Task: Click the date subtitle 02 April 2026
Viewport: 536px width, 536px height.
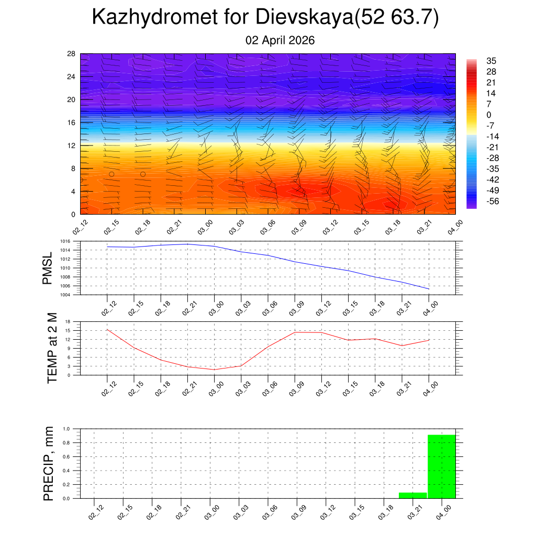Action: [280, 40]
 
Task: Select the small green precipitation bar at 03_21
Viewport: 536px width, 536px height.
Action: [412, 495]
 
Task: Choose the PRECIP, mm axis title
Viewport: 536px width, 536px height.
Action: [49, 463]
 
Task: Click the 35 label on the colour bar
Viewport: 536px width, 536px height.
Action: [491, 61]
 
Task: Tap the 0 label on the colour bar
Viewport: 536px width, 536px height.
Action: [489, 115]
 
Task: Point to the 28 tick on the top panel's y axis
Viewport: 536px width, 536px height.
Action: [72, 54]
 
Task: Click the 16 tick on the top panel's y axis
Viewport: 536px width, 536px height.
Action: [72, 122]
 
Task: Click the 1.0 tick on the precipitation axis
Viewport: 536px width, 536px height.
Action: [66, 429]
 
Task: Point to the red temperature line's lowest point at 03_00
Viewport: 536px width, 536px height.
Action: [214, 370]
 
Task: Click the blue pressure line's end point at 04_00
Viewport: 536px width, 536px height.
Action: [429, 289]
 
